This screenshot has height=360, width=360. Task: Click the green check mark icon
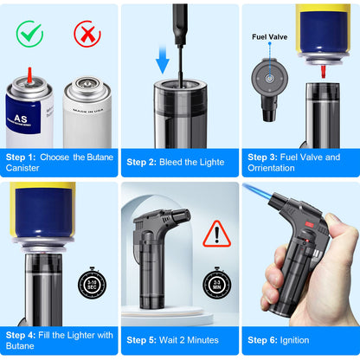pos(29,35)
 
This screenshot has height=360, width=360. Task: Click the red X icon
pos(87,35)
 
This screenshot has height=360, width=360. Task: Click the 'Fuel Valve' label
pos(268,37)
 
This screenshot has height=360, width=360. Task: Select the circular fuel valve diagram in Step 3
pos(269,79)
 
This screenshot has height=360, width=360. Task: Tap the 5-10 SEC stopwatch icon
pos(92,282)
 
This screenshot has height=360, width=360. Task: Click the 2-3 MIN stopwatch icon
pos(216,282)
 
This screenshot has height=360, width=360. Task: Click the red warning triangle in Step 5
pos(215,233)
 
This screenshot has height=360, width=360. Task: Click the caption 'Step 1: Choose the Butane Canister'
pos(59,163)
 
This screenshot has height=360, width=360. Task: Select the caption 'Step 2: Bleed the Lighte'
pos(176,162)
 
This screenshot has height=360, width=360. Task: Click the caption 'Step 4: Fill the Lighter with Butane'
pos(59,340)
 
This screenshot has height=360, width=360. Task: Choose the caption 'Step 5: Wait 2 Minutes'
pos(177,340)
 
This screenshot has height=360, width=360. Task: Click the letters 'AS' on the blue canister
pos(19,114)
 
